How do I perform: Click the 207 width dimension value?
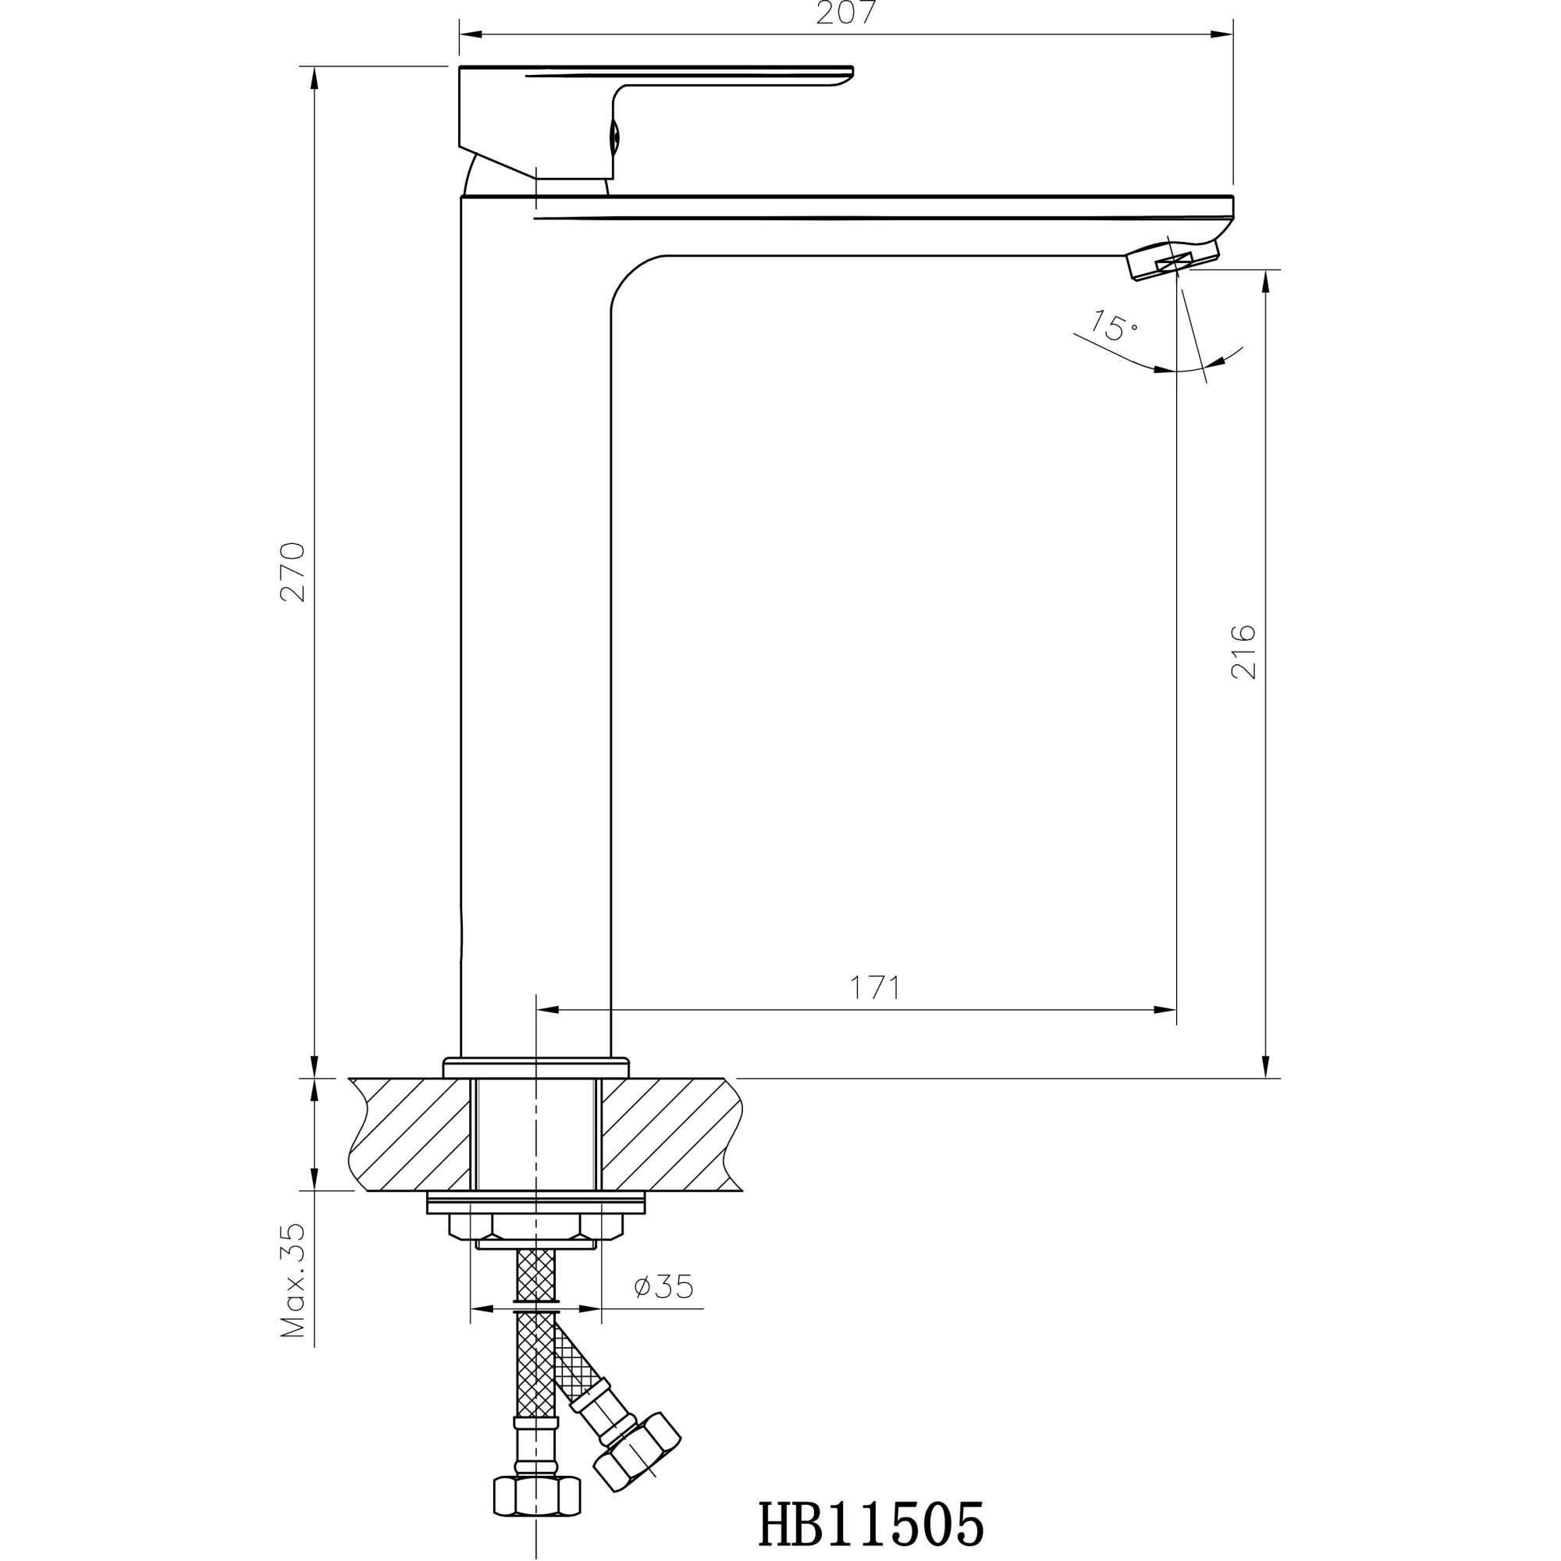845,14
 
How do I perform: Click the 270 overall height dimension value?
293,571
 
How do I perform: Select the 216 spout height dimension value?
1243,651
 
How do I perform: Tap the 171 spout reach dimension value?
874,987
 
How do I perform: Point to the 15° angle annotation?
1115,325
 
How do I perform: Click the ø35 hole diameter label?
664,1286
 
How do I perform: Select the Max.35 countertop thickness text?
293,1281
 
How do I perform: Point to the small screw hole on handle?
614,138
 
